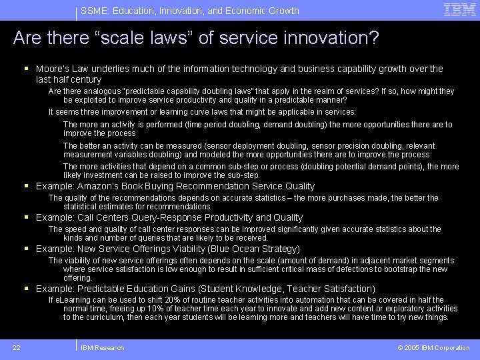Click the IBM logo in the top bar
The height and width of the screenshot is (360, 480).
tap(459, 9)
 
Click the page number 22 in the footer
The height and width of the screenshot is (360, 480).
tap(16, 347)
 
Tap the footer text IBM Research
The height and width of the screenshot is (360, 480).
tap(102, 347)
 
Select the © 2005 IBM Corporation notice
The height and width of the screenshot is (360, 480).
tap(433, 347)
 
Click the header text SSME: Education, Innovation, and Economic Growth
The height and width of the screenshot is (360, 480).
tap(189, 11)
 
